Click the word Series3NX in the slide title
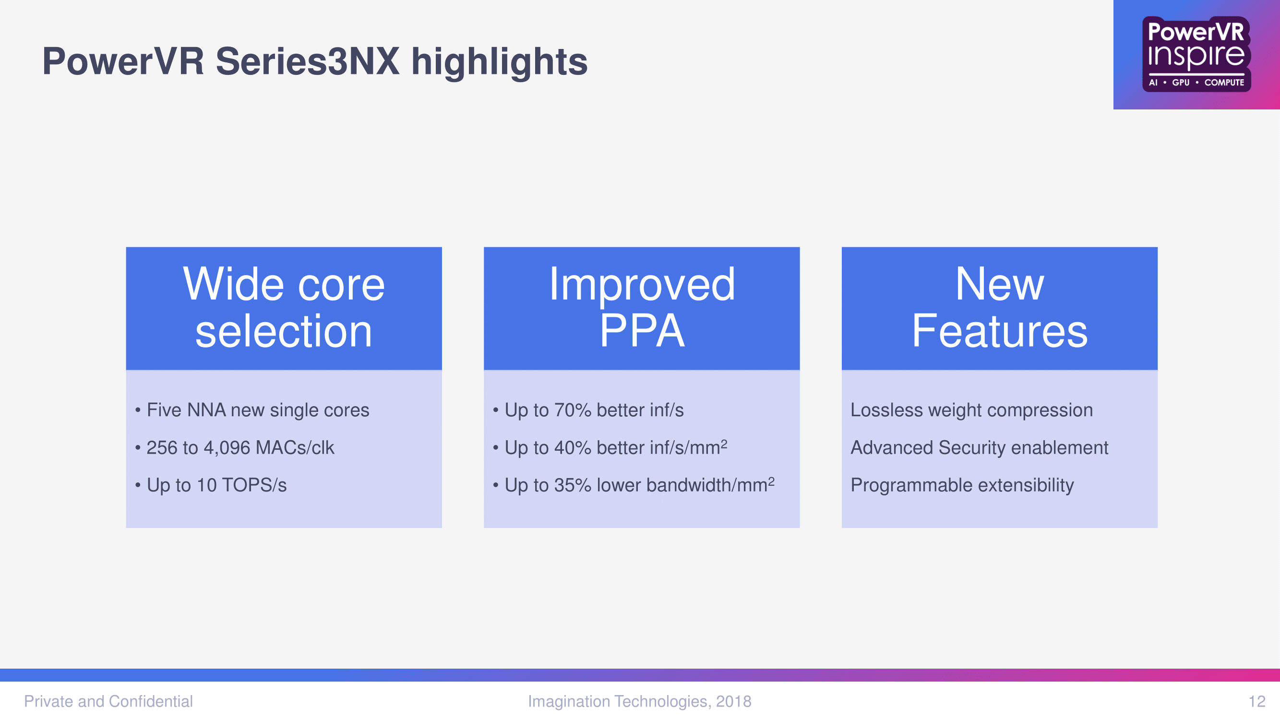pyautogui.click(x=308, y=61)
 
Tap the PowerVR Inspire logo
pyautogui.click(x=1196, y=54)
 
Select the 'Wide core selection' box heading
pyautogui.click(x=284, y=308)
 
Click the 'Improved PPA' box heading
pyautogui.click(x=642, y=308)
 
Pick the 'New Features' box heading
pyautogui.click(x=1000, y=308)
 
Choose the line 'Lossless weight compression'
pyautogui.click(x=971, y=410)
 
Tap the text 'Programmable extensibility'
pyautogui.click(x=962, y=485)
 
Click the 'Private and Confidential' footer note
pyautogui.click(x=108, y=701)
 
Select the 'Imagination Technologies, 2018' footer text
pyautogui.click(x=639, y=701)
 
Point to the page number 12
pyautogui.click(x=1256, y=701)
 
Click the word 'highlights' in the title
pyautogui.click(x=500, y=62)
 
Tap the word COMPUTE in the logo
pyautogui.click(x=1224, y=83)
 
